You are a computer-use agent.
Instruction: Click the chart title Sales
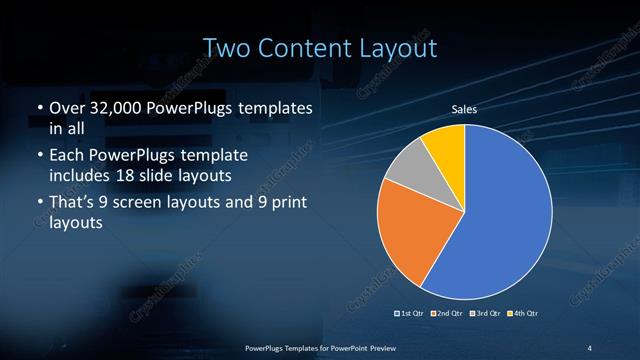(x=464, y=109)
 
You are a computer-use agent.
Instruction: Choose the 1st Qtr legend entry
(x=411, y=314)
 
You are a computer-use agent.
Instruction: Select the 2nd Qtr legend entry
(x=446, y=314)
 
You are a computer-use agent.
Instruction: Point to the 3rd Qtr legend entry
(x=483, y=314)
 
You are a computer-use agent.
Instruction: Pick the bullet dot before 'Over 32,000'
(x=39, y=106)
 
